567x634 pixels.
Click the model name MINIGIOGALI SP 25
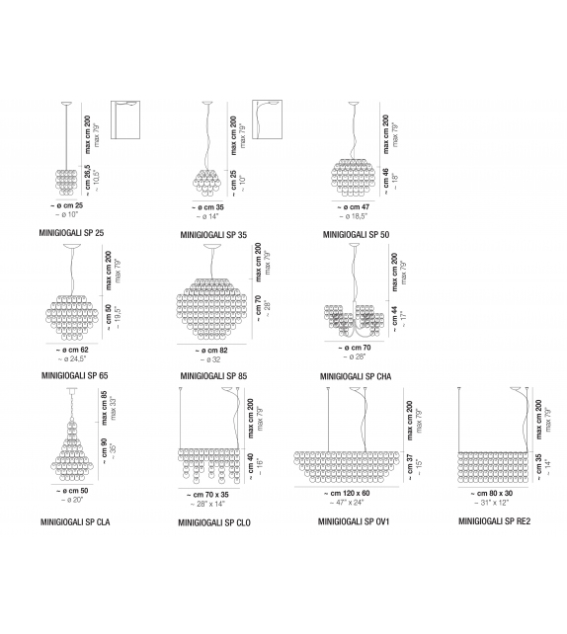[x=71, y=233]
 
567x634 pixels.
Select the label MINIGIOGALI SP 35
[x=213, y=235]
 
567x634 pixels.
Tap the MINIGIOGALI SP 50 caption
[x=356, y=234]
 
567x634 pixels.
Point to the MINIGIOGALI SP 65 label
[x=75, y=375]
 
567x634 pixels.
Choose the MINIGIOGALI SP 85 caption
[x=213, y=376]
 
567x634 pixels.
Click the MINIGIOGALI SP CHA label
[x=356, y=376]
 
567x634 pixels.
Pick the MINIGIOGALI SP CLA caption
[x=75, y=522]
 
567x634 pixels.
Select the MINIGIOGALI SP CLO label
[x=214, y=522]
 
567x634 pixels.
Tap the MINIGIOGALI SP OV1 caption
[x=354, y=521]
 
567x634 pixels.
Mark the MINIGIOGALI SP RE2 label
[x=494, y=521]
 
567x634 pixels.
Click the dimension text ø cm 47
[x=354, y=207]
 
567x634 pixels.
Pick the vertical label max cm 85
[x=105, y=408]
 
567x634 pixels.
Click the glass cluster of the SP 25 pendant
[x=66, y=183]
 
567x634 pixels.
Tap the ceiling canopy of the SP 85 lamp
[x=212, y=246]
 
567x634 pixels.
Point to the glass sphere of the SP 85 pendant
[x=212, y=309]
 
